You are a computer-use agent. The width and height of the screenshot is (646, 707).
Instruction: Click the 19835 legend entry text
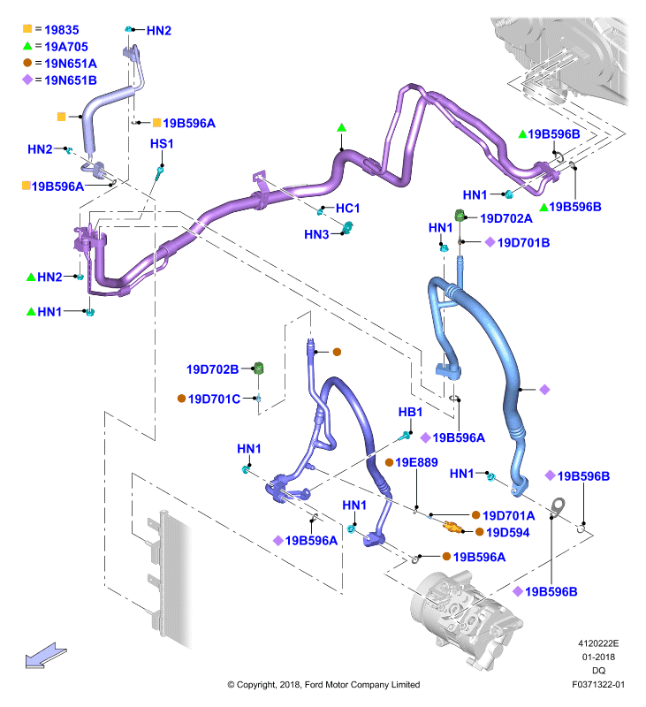(x=61, y=30)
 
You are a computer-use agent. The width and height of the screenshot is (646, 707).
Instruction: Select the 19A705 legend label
(x=65, y=47)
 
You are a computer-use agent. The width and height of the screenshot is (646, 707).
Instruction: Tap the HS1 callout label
(x=162, y=143)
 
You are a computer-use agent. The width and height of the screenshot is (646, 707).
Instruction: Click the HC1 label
(x=347, y=208)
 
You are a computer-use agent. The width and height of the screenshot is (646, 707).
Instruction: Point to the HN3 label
(x=316, y=234)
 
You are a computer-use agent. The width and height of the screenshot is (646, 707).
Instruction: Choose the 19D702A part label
(x=505, y=218)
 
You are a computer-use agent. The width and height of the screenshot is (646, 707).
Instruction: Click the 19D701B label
(x=523, y=242)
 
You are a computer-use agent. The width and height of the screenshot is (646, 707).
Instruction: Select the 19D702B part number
(x=212, y=369)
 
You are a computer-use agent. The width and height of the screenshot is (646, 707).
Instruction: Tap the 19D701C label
(x=214, y=399)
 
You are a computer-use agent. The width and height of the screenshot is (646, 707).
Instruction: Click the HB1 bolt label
(x=410, y=412)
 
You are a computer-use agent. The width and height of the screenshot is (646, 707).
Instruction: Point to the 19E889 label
(x=416, y=462)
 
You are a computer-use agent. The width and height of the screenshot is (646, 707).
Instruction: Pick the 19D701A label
(x=508, y=515)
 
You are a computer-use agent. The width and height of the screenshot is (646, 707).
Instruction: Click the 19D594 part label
(x=507, y=533)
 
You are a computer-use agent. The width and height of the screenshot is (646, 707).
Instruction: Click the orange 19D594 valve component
(x=452, y=526)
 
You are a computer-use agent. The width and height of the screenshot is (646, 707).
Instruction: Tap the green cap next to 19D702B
(x=258, y=368)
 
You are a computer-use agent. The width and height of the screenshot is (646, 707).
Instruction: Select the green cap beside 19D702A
(x=460, y=215)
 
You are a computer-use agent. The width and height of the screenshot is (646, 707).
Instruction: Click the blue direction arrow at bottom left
(x=45, y=655)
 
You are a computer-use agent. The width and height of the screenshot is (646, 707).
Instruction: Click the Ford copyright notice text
(x=323, y=684)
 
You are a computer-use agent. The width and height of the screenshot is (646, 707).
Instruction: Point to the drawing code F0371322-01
(x=598, y=684)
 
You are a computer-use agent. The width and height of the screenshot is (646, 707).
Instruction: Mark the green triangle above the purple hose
(x=341, y=128)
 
